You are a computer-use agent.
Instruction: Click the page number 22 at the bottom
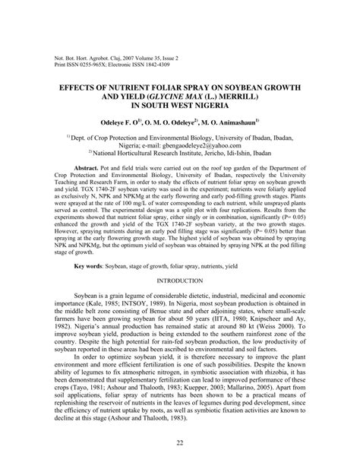180,443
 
